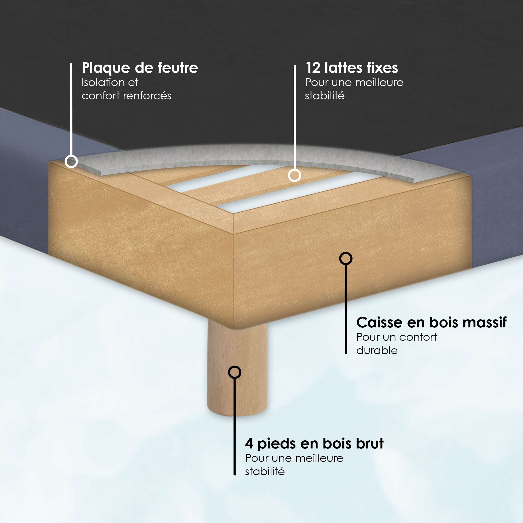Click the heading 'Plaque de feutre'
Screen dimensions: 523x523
click(140, 68)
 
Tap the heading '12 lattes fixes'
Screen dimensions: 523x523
click(352, 68)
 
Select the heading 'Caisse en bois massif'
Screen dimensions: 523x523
click(431, 322)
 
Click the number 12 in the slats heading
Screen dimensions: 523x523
click(313, 68)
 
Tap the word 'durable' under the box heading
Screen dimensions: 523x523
click(377, 351)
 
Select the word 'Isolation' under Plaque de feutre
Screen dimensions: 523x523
click(103, 82)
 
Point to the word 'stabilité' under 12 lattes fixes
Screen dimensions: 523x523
click(325, 95)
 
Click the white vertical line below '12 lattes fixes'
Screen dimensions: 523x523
click(294, 117)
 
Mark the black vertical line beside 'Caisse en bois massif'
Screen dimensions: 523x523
click(346, 309)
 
